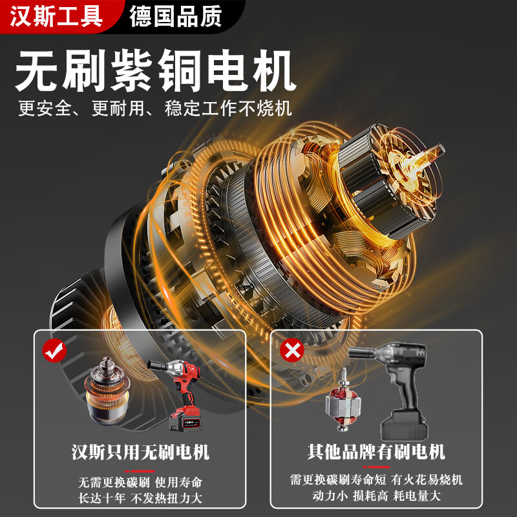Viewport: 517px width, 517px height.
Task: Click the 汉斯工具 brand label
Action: (57, 16)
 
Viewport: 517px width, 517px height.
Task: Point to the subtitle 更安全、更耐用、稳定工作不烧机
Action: (155, 107)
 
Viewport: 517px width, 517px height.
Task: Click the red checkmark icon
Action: (54, 351)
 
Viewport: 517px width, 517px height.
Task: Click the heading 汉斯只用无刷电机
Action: (140, 450)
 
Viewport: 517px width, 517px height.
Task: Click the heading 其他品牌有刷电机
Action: (376, 450)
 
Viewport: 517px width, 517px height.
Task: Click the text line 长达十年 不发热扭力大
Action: (140, 498)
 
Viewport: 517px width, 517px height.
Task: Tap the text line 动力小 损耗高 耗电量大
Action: (376, 496)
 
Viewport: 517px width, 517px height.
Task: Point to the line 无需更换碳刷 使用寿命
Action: (140, 482)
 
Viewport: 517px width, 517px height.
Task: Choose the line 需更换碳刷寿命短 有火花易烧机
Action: (376, 480)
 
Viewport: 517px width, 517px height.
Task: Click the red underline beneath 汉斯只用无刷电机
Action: (140, 470)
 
